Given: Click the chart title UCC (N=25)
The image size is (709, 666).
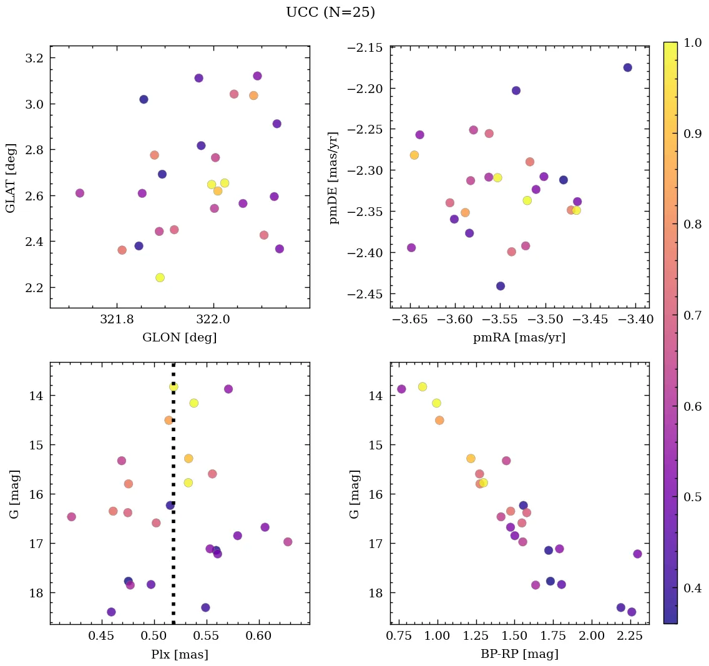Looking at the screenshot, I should point(330,12).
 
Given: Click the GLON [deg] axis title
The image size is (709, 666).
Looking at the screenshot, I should point(180,338).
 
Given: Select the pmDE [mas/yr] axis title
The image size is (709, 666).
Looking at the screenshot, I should point(334,177).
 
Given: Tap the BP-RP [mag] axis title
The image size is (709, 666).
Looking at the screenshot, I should point(520,654).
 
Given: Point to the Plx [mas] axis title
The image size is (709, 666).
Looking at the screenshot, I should point(180,654).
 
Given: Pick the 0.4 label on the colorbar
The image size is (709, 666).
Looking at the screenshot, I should point(693,588).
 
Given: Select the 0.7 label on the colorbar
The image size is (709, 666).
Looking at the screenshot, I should point(693,315).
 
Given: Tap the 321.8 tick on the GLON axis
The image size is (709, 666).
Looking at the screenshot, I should point(117,320).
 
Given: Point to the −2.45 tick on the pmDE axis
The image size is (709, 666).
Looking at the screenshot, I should point(368,294).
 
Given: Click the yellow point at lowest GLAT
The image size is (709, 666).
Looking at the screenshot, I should point(160,277).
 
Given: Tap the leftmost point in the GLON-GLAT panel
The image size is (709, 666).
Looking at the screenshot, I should point(80,193).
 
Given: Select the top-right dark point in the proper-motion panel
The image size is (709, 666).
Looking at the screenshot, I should point(627,67).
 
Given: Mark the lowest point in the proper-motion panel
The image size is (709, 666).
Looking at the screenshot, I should point(501,286).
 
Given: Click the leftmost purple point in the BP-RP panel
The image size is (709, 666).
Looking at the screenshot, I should point(401,389).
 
